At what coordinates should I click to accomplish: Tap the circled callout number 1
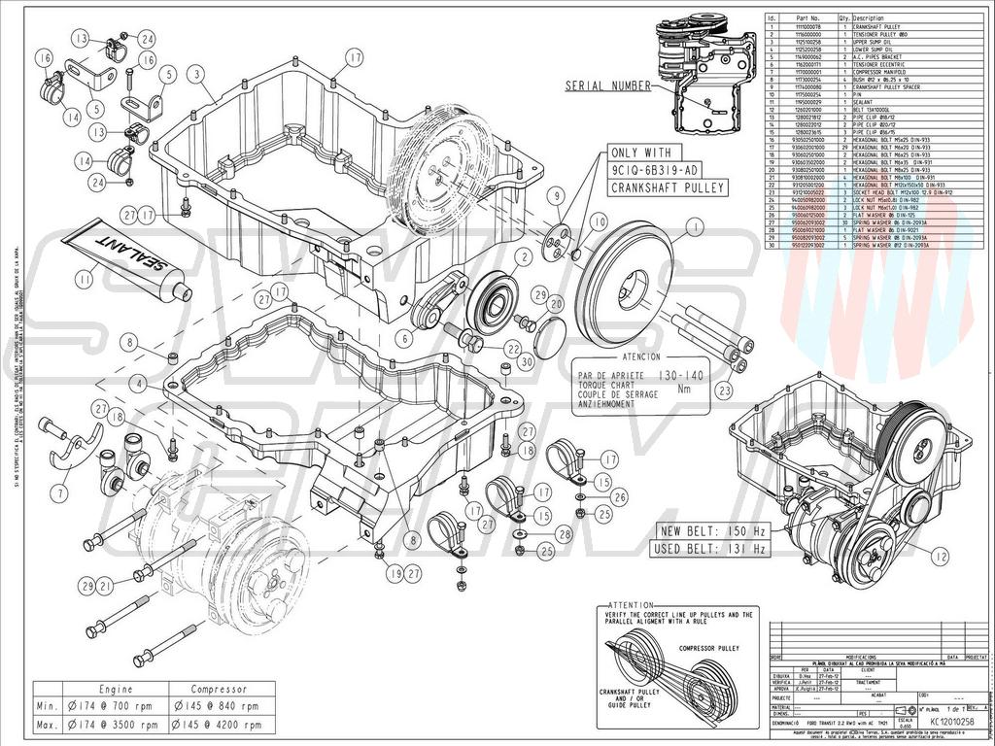(x=694, y=227)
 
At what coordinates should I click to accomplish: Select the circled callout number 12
(x=938, y=557)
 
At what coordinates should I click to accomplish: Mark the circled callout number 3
(x=196, y=74)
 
